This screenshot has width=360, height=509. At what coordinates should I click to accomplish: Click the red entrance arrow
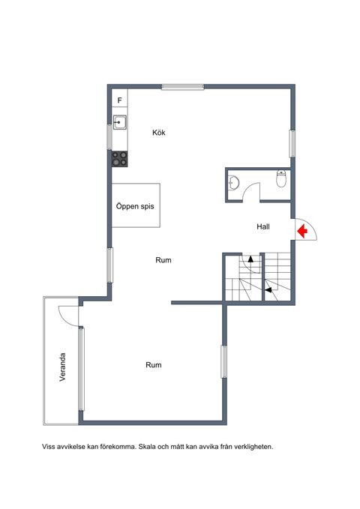pos(302,231)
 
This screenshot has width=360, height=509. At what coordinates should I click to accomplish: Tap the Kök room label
pos(159,133)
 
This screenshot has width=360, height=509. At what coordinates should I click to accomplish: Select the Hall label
pos(263,226)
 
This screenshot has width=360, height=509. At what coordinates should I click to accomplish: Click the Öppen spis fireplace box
pos(136,205)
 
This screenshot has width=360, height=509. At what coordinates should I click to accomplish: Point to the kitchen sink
pos(119,122)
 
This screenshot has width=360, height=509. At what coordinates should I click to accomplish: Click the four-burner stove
pos(119,159)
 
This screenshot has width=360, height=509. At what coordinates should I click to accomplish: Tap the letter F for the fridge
pos(119,100)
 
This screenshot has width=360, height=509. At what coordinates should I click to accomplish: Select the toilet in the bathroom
pos(281,178)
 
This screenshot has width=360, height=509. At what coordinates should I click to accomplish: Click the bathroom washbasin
pos(233,182)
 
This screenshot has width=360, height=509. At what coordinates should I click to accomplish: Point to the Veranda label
pos(63,367)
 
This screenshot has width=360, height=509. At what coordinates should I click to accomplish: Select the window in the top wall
pos(183,87)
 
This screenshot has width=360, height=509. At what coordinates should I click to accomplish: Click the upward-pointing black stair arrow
pos(250,259)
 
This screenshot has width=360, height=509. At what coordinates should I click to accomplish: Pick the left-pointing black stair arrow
pos(268,290)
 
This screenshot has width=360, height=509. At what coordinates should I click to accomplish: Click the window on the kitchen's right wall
pos(292,144)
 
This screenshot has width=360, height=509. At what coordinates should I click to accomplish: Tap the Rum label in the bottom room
pos(154,365)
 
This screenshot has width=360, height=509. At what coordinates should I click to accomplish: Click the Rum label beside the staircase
pos(163,260)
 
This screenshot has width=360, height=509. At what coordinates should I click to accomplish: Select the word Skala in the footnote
pos(147,447)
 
